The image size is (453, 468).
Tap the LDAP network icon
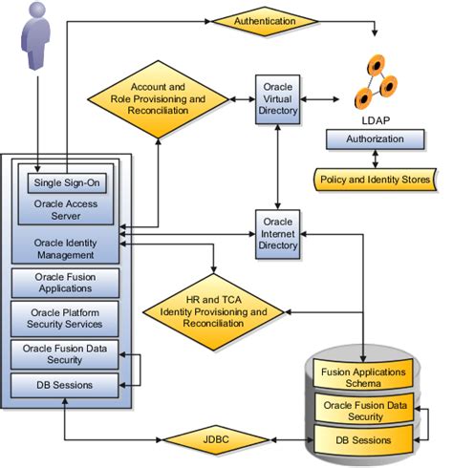[375, 84]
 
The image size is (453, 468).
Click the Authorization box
[375, 139]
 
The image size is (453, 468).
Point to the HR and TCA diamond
[214, 310]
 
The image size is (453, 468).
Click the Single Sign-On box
[66, 182]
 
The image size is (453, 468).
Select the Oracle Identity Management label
[65, 248]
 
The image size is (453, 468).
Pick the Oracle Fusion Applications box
[65, 282]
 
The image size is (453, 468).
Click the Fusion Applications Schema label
[364, 376]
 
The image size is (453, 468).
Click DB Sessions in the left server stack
[65, 386]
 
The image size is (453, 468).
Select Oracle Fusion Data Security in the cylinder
[364, 408]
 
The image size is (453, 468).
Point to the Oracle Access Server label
[65, 207]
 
